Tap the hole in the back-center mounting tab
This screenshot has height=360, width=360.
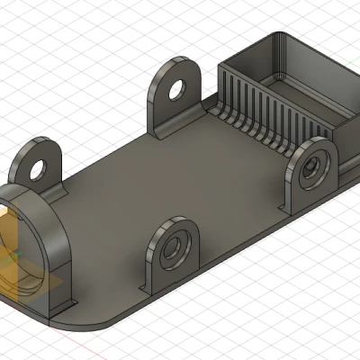[176, 90]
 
